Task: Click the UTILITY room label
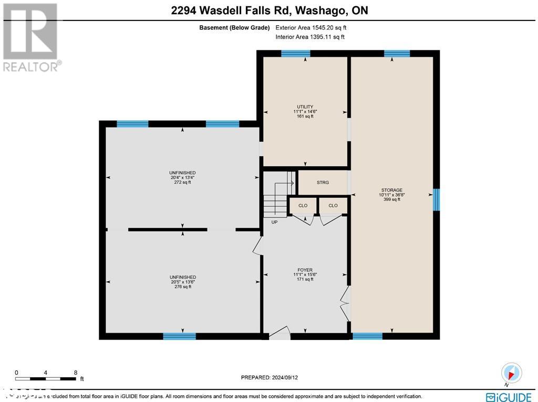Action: coord(305,107)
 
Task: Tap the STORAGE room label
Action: coord(391,190)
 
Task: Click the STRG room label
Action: coord(323,183)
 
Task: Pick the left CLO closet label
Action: coord(303,205)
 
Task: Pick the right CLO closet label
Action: coord(333,205)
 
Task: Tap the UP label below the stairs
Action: coord(274,222)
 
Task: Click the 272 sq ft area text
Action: coord(183,182)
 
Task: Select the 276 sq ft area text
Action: coord(183,287)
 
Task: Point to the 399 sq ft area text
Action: coord(391,199)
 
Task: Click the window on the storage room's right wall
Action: coord(436,199)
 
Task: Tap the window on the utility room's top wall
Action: coord(295,53)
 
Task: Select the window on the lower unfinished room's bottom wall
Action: coord(179,336)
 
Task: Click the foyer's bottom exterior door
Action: coord(280,334)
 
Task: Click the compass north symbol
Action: coord(511,373)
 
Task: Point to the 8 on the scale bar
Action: coord(76,372)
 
